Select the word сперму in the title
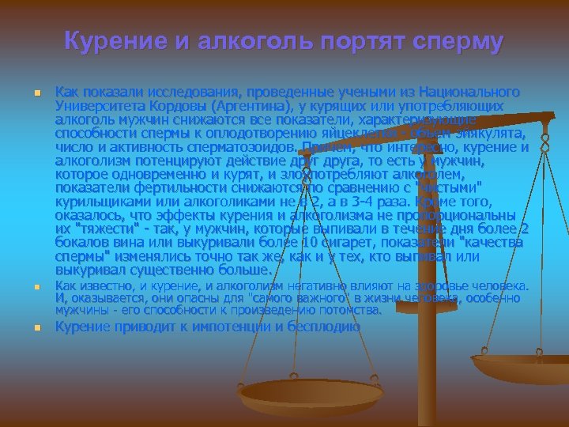point(452,41)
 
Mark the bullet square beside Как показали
point(36,93)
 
